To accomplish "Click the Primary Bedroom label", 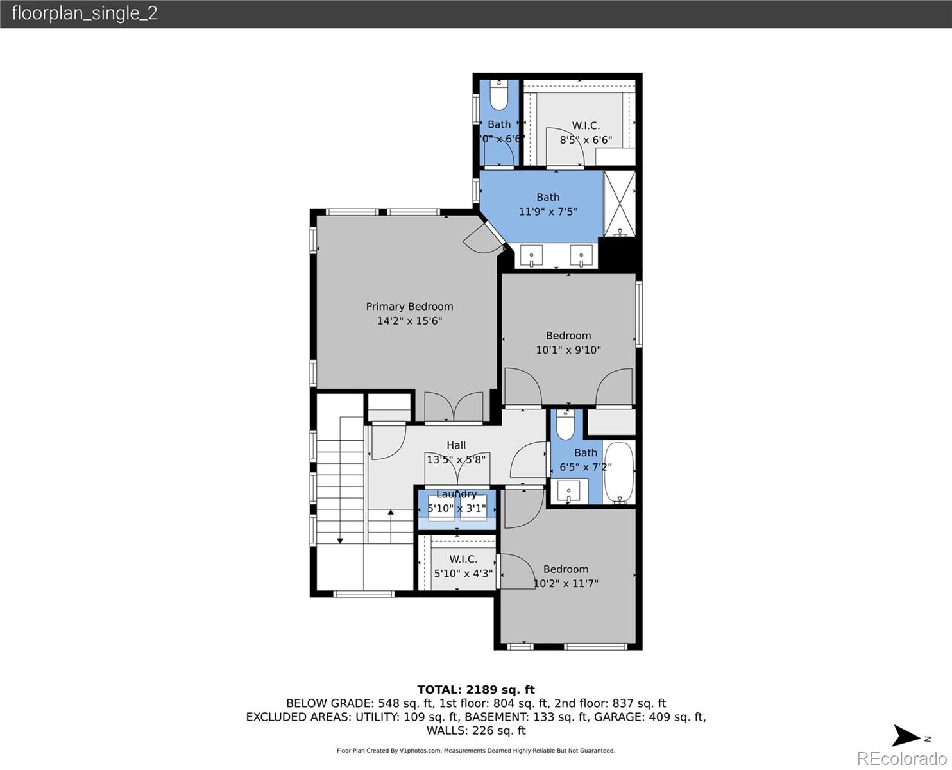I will click(409, 307).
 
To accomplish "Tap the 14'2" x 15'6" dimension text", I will click(409, 321).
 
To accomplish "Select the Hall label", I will click(456, 445).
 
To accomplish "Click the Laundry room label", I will click(456, 494).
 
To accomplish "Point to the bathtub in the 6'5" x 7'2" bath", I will click(619, 472).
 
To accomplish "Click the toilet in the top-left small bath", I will click(499, 95).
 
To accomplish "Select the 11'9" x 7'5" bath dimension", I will click(548, 211).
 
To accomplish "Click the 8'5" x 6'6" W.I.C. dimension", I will click(586, 140).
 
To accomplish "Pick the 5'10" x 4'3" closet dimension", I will click(463, 574).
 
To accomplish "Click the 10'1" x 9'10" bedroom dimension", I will click(568, 350).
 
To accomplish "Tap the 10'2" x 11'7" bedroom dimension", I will click(566, 584).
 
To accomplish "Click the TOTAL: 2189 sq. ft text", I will click(475, 690).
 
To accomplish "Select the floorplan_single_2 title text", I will click(84, 13).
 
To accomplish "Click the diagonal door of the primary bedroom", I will click(484, 236).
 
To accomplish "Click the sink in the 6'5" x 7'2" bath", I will click(568, 493).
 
